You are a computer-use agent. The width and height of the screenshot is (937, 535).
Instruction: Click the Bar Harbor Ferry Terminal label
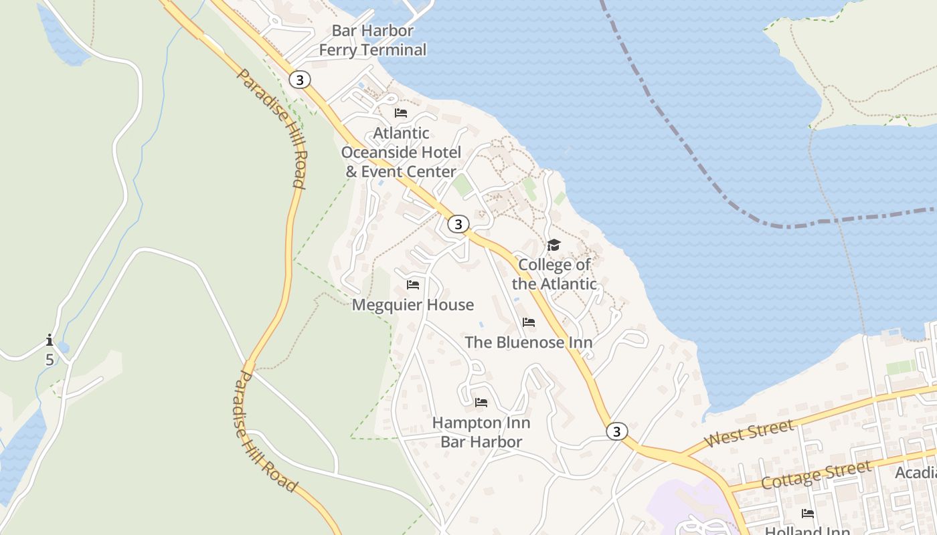(372, 40)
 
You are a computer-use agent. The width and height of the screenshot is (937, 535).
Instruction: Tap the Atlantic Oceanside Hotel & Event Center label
(401, 152)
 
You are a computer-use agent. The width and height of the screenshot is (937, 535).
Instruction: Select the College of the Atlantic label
(554, 274)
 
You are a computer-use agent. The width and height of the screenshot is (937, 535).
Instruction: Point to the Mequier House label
(413, 305)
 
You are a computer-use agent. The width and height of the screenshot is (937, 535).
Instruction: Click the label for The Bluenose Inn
(529, 342)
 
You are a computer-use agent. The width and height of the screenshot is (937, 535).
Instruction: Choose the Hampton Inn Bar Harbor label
(481, 432)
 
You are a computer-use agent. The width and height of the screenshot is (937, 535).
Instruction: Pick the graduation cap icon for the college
(553, 245)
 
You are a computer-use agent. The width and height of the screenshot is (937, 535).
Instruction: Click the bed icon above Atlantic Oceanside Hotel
(401, 113)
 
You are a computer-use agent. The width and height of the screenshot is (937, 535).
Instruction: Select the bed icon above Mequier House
(413, 286)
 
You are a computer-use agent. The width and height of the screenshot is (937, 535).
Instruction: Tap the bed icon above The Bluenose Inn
(529, 323)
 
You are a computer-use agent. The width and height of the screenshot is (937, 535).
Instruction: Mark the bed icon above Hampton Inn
(481, 403)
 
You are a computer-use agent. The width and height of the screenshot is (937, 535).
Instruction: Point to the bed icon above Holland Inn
(808, 514)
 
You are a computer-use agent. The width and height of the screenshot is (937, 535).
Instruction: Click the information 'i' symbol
(50, 340)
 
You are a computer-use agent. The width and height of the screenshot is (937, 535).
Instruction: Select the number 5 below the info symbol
(50, 359)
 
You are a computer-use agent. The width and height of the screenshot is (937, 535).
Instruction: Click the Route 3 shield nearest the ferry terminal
(300, 80)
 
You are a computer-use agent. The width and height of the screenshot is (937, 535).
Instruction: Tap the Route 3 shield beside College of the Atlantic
(458, 224)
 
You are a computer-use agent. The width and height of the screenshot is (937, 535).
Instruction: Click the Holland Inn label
(807, 530)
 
